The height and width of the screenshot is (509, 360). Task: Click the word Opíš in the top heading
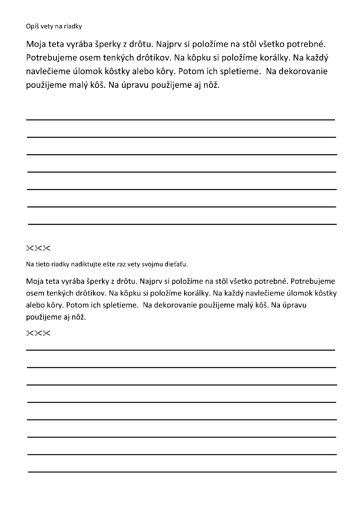pos(32,27)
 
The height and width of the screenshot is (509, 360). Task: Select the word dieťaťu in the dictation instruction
pos(177,264)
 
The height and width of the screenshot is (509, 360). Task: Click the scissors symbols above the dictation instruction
pos(38,248)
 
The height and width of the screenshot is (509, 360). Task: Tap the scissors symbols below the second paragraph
pos(38,333)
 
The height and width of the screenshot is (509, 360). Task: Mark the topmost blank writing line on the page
pos(181,120)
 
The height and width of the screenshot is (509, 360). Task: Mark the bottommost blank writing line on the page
pos(182,472)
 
